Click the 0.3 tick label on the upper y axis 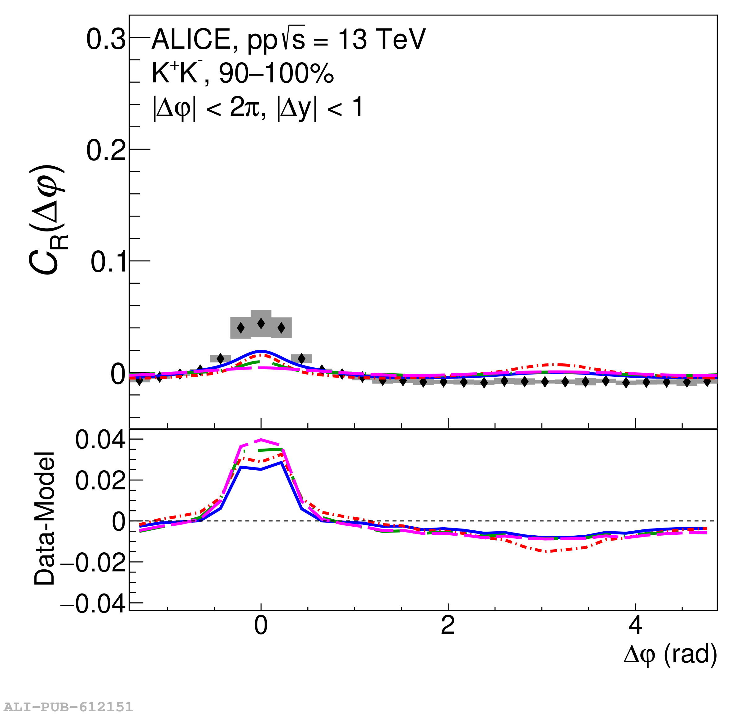coord(106,39)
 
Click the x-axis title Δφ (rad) coord(670,655)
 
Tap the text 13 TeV coord(382,39)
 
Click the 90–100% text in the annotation coord(276,73)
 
